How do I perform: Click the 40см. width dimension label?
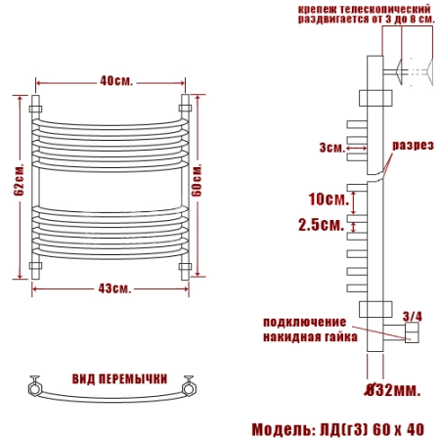tap(116, 81)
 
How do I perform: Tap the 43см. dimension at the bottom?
tap(114, 288)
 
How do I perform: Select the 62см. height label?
tap(19, 179)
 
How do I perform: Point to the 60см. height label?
tap(197, 180)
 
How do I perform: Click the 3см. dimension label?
tap(332, 148)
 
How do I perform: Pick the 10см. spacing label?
tap(329, 199)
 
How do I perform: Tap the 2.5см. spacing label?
tap(322, 225)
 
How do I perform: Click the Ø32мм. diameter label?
tap(392, 390)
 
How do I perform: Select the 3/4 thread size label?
tap(413, 316)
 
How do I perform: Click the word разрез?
tap(413, 146)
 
